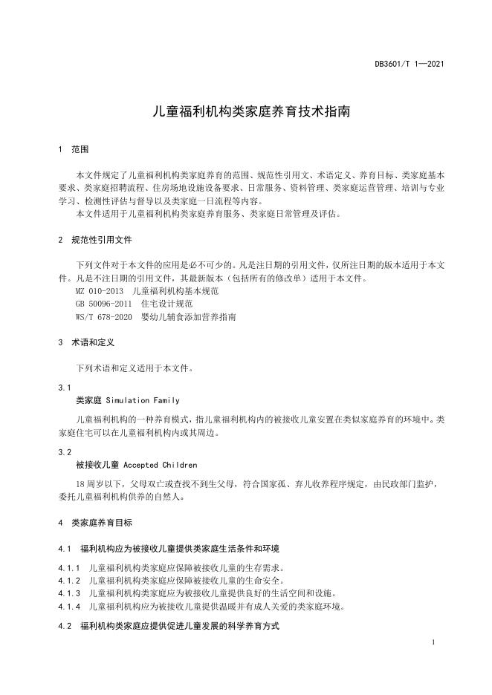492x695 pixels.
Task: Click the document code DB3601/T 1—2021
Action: [x=409, y=65]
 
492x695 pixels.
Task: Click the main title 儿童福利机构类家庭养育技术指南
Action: [x=245, y=113]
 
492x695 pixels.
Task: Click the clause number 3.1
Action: [x=65, y=388]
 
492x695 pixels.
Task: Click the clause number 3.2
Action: [x=65, y=452]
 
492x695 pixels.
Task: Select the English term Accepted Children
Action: [x=158, y=465]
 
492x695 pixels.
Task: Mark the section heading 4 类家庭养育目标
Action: [x=96, y=523]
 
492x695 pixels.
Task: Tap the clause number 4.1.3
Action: [x=69, y=593]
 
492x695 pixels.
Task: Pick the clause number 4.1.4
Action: [x=69, y=606]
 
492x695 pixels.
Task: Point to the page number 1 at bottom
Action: [x=433, y=640]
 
